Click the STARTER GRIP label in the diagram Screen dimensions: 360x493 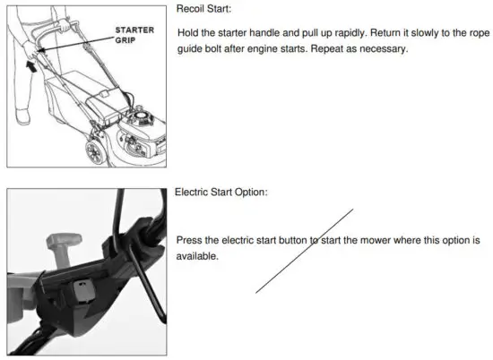134,35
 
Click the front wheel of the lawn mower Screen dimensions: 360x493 92,152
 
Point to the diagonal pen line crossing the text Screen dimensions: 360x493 305,251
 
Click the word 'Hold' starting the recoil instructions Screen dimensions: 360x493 189,33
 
